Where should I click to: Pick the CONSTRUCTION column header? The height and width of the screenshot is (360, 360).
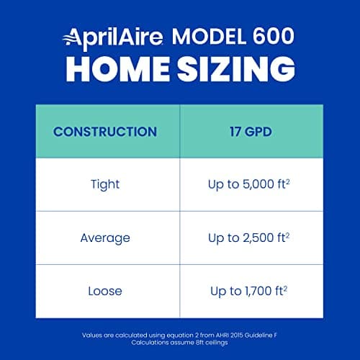coord(105,132)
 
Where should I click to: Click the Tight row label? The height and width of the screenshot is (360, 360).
coord(105,185)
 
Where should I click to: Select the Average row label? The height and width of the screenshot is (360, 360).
coord(105,238)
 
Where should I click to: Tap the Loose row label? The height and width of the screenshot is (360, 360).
coord(105,291)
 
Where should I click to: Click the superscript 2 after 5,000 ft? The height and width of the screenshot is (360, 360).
coord(289,181)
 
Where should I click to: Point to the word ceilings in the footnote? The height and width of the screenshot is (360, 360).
coord(217,343)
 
